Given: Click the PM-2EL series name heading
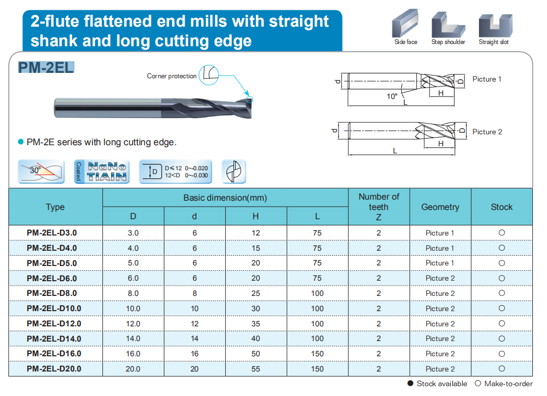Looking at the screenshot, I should point(46,67).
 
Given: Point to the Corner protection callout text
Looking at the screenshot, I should point(171,76).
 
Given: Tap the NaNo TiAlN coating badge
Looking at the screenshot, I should point(101,172).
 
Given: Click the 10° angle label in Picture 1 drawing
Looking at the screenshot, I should point(392,96).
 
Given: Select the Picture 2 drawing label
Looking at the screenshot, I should point(487,132).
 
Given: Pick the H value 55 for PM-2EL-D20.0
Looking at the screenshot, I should point(256,369).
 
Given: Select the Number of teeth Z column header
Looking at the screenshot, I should point(379,207).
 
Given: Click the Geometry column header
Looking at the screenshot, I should point(440,207).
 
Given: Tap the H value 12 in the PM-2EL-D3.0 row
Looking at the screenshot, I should point(256,233).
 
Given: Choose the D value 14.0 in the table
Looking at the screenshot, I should point(133,338).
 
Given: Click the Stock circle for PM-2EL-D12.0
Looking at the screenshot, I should point(502,323).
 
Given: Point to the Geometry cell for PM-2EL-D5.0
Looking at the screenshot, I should point(440,263).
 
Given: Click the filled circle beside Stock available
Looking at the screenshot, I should point(411,383).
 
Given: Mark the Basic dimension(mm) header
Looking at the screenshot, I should point(225,198).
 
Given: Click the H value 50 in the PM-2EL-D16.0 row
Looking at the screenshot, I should point(256,354).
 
